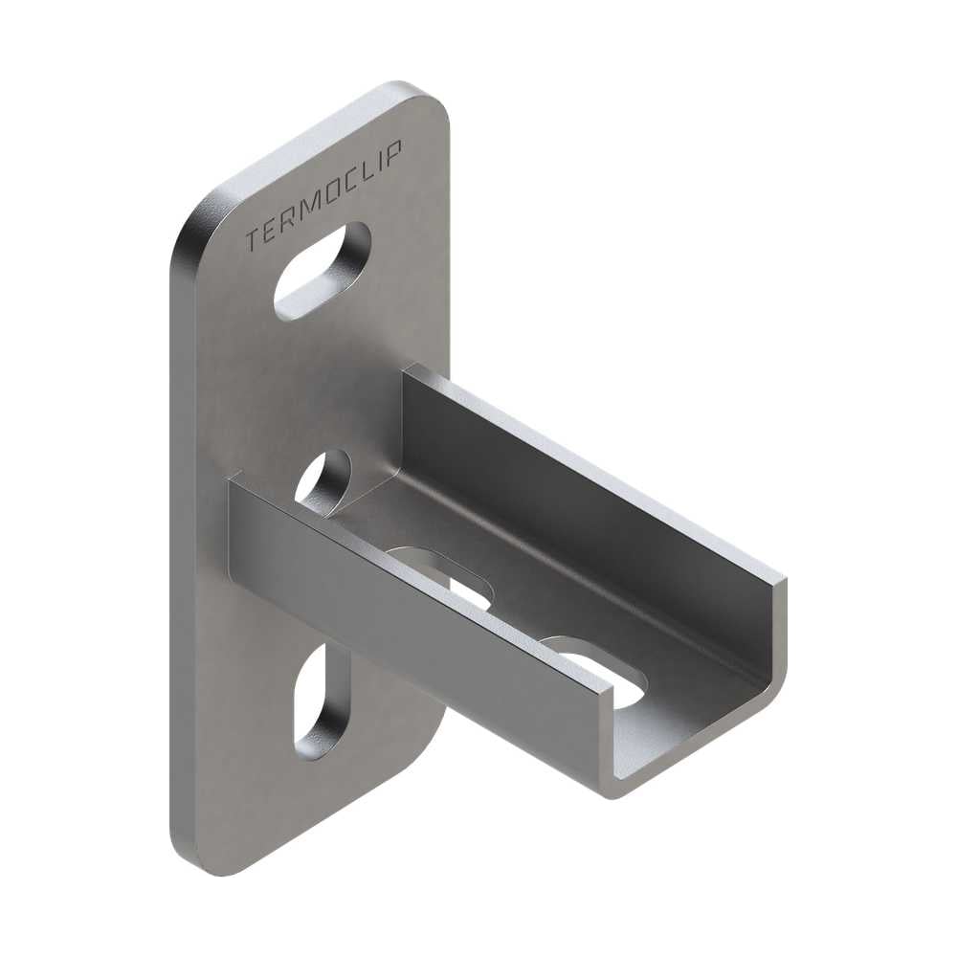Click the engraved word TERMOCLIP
(323, 195)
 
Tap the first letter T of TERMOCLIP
(252, 240)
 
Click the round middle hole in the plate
(323, 479)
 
